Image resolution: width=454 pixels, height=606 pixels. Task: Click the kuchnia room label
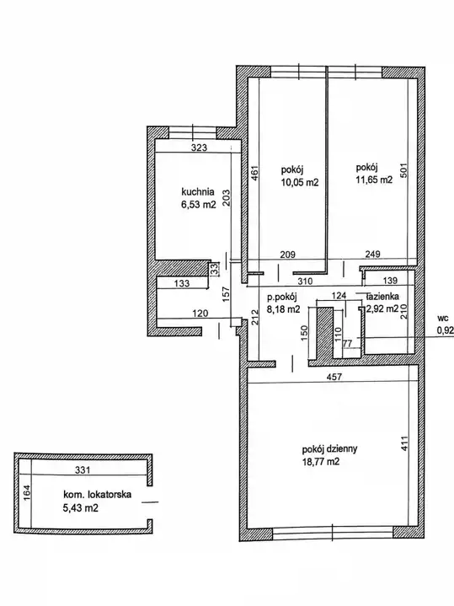tap(198, 191)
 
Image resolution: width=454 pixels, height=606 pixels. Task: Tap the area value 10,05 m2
tap(300, 182)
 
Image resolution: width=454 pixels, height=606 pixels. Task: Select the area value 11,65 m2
tap(374, 180)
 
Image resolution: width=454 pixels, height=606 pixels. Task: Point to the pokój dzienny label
tap(329, 449)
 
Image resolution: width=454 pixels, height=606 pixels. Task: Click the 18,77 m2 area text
tap(321, 462)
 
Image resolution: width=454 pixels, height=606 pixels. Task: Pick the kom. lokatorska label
tap(98, 494)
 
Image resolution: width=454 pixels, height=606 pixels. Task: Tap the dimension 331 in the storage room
tap(83, 470)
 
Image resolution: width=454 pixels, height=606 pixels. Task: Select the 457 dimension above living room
tap(334, 377)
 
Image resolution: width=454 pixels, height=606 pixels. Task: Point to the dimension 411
tap(403, 443)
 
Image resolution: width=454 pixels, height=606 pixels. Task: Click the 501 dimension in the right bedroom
tap(403, 169)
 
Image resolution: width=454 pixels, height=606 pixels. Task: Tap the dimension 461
tap(254, 174)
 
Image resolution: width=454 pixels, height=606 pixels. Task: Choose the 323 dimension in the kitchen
tap(200, 147)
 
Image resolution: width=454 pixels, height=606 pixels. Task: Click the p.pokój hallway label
tap(281, 298)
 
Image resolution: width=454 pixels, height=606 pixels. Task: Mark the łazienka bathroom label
tap(382, 297)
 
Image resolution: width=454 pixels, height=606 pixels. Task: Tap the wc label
tap(443, 319)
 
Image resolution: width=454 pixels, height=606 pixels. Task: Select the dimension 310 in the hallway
tap(305, 282)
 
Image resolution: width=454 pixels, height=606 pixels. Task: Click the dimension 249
tap(372, 254)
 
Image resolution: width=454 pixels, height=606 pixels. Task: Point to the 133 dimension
tap(182, 283)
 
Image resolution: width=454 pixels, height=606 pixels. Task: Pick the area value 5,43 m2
tap(80, 507)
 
